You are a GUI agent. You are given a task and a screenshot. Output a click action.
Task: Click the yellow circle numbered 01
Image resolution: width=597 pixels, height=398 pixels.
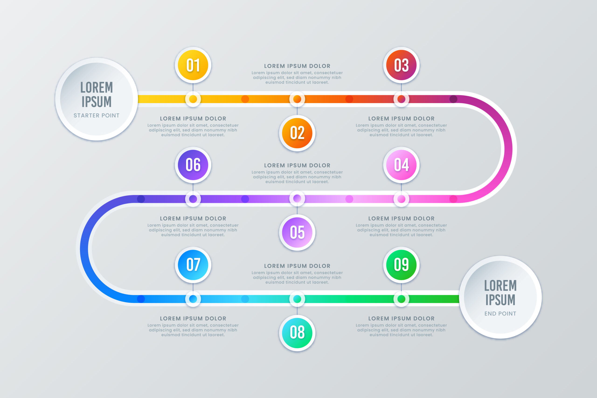coord(193,65)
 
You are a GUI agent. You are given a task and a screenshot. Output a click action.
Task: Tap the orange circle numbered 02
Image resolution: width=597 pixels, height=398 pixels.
coord(297,133)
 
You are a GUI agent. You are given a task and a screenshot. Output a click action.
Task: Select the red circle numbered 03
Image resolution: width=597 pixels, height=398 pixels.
coord(401,65)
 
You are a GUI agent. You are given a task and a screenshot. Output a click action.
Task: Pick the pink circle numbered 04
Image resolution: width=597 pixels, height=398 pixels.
coord(401,165)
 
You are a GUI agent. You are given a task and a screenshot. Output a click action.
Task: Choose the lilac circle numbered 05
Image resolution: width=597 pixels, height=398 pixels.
coord(297,232)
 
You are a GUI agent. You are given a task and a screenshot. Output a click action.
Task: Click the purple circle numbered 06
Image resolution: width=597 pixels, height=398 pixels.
coord(193,165)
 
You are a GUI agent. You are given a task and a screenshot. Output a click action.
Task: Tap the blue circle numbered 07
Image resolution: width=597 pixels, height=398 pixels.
coord(193,265)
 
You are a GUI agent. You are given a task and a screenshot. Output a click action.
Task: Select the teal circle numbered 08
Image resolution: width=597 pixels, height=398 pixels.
coord(297,333)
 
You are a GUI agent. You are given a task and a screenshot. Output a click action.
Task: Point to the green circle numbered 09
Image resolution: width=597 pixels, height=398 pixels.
coord(401,265)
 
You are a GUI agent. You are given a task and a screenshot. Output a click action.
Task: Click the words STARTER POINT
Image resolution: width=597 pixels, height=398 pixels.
coord(97,115)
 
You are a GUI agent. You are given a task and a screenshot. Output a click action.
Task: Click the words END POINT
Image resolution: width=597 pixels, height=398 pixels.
coord(500,314)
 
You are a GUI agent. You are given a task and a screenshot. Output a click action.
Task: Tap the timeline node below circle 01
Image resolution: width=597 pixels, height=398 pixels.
coord(193,99)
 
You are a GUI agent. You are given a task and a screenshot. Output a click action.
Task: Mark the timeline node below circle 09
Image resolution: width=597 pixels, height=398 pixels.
coord(401,299)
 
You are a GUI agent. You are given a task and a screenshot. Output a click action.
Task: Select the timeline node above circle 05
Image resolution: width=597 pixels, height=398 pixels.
coord(297,199)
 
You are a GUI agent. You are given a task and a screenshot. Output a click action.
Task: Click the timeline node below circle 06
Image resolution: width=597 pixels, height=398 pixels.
coord(193,199)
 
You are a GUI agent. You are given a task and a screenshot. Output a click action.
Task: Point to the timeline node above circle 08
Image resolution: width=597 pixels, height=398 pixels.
coord(297,299)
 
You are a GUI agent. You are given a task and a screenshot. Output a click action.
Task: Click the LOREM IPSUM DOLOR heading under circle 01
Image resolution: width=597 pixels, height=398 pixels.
coord(193,118)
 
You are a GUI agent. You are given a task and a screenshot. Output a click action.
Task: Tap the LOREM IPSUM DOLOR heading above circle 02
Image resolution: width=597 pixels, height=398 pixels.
coord(297,66)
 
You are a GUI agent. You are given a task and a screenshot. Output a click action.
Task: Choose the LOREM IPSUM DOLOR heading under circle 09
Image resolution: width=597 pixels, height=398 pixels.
coord(401,318)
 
